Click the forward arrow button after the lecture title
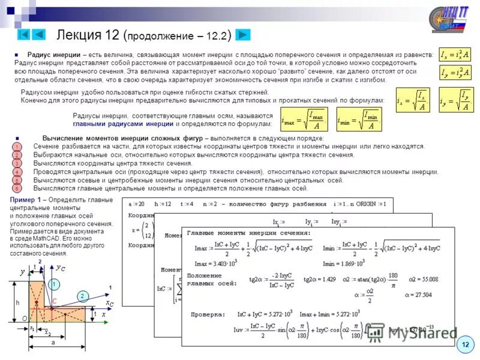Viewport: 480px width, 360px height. click(242, 35)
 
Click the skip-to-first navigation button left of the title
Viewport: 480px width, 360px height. click(24, 35)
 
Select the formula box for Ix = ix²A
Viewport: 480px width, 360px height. click(455, 55)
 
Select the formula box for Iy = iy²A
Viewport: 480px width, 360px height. click(455, 73)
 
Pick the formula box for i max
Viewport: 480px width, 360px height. click(304, 120)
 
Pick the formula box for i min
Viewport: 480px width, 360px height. click(358, 120)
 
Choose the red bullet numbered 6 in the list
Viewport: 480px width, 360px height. click(17, 188)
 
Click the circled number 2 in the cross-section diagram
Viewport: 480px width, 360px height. click(83, 296)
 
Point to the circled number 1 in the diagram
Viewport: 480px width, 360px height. click(54, 284)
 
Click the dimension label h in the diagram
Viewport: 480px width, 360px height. click(17, 303)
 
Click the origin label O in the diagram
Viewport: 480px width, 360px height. click(24, 319)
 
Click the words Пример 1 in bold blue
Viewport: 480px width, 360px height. click(26, 199)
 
